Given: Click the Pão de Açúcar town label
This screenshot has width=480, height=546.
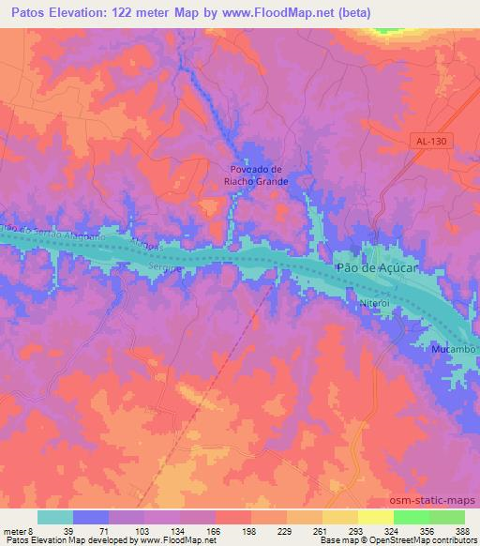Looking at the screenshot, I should pyautogui.click(x=375, y=268).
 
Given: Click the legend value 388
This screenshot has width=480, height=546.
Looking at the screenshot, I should pyautogui.click(x=463, y=531).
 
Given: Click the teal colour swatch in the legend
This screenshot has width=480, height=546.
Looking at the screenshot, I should pyautogui.click(x=55, y=517).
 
